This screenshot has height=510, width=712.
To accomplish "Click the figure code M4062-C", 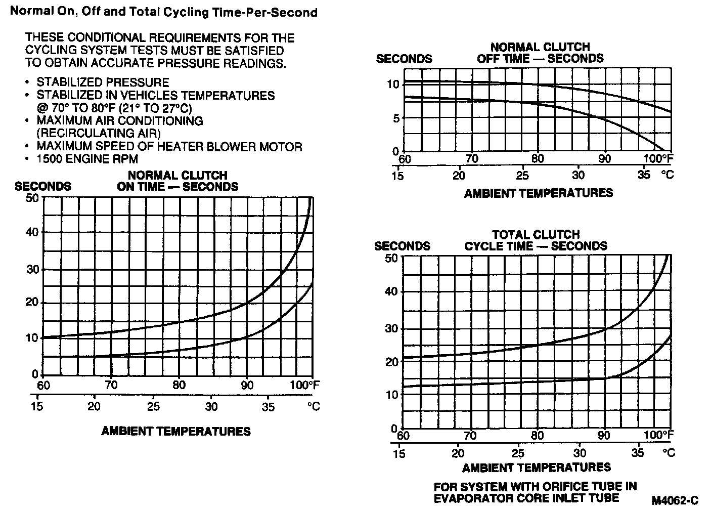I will pyautogui.click(x=675, y=500).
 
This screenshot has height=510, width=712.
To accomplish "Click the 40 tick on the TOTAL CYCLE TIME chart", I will pyautogui.click(x=392, y=291).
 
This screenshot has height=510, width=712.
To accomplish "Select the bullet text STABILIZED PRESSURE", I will pyautogui.click(x=103, y=82).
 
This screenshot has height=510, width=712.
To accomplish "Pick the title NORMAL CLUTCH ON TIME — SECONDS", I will pyautogui.click(x=177, y=181).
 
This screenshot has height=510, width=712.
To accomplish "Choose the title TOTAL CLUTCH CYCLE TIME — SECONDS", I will pyautogui.click(x=536, y=241).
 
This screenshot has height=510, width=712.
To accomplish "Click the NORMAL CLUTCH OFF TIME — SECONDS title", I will pyautogui.click(x=540, y=53).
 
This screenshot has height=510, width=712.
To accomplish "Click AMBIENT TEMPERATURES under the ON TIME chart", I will pyautogui.click(x=176, y=432).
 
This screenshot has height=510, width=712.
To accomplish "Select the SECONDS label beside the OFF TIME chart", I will pyautogui.click(x=404, y=59).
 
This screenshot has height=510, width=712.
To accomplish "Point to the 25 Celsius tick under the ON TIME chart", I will pyautogui.click(x=153, y=406).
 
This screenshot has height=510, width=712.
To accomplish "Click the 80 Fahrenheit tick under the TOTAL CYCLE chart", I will pyautogui.click(x=537, y=435).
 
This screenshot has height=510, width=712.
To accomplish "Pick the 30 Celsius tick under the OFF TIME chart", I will pyautogui.click(x=578, y=175).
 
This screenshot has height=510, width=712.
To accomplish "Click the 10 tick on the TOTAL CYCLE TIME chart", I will pyautogui.click(x=392, y=395).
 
